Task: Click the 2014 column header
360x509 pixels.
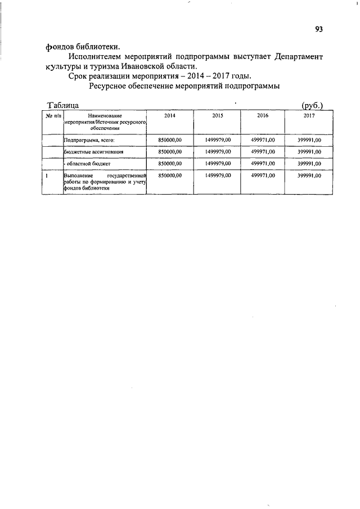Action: (x=169, y=115)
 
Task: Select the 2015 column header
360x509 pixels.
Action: (x=218, y=115)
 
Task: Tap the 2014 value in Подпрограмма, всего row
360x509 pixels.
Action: (x=169, y=140)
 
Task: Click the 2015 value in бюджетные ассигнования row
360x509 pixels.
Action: (x=218, y=152)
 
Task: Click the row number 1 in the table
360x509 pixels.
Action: (x=46, y=176)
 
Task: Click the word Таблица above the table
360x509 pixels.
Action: (x=64, y=105)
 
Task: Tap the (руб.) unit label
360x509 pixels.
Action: (x=312, y=105)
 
